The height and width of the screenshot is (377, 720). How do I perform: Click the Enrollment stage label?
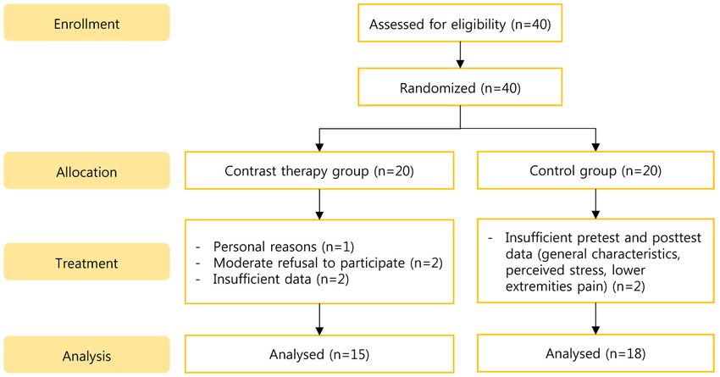tap(86, 23)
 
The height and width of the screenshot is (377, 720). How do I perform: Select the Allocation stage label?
tap(86, 171)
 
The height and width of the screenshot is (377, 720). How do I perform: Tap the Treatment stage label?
tap(86, 262)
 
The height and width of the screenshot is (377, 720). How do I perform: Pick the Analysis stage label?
tap(86, 355)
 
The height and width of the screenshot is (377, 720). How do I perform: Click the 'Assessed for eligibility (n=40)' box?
tap(460, 23)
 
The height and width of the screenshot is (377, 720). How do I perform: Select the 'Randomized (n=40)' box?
tap(460, 87)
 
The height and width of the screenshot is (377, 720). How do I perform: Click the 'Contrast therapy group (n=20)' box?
tap(319, 170)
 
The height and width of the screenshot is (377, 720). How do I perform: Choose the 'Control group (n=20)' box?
tap(595, 170)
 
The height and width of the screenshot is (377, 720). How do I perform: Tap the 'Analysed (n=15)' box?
tap(319, 354)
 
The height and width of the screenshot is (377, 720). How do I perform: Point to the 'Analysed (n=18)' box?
tap(595, 353)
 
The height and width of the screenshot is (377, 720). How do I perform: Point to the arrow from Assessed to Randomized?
tap(460, 55)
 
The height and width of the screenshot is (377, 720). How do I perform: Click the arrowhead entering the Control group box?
tap(595, 147)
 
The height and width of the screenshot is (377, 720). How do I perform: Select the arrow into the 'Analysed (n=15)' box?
tap(319, 319)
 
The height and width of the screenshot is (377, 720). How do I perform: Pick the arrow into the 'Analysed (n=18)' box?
tap(595, 319)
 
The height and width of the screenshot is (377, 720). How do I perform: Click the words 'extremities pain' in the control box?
tap(552, 286)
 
